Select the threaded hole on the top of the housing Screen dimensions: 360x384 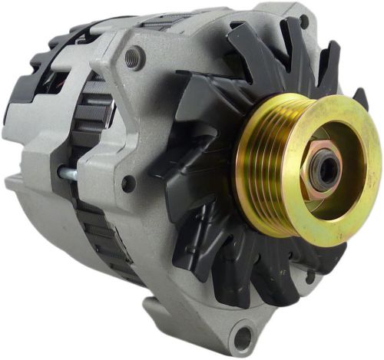[x=136, y=56]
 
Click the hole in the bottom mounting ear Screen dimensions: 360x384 [x=243, y=336]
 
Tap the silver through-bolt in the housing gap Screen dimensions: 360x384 [x=68, y=173]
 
